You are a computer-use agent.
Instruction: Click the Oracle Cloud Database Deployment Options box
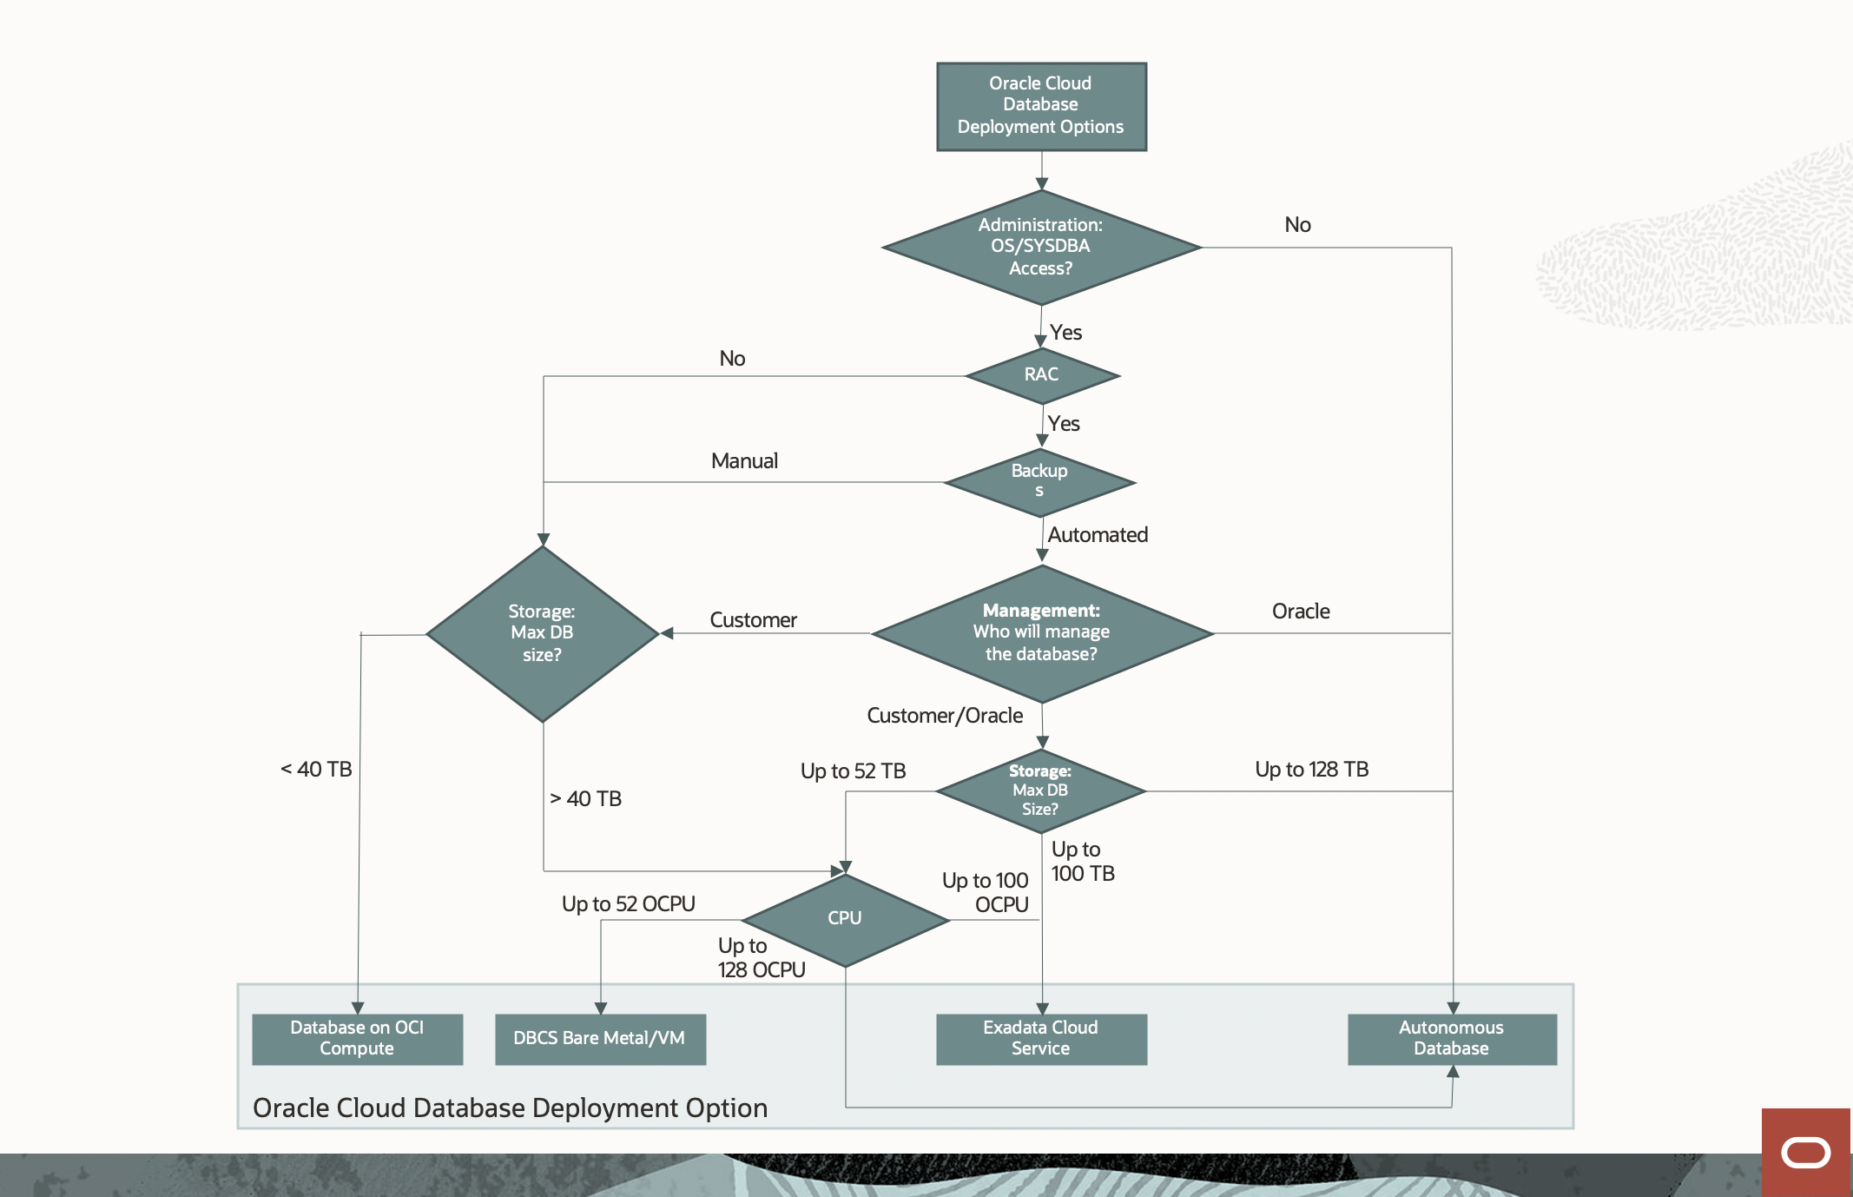[1041, 106]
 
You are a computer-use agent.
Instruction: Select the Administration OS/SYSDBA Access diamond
[1041, 248]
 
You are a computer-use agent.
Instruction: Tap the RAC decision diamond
[1041, 375]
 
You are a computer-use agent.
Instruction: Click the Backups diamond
[1039, 482]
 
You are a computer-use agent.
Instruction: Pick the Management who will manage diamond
[1041, 633]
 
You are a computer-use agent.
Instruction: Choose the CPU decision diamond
[845, 919]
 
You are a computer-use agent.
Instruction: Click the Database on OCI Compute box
[357, 1038]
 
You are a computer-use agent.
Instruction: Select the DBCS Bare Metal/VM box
[600, 1039]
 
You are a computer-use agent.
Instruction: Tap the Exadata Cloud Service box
[1041, 1038]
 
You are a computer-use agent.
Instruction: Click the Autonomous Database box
[1451, 1038]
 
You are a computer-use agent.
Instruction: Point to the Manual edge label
[744, 461]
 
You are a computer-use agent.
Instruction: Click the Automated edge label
[1098, 535]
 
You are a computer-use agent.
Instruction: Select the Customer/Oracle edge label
[945, 716]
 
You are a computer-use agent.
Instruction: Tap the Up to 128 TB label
[1311, 770]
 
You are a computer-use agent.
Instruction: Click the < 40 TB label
[316, 770]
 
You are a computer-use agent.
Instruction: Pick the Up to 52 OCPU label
[628, 904]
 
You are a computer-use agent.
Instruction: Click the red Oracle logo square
[1806, 1152]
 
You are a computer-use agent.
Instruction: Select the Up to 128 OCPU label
[761, 958]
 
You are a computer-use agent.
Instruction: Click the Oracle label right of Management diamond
[1300, 612]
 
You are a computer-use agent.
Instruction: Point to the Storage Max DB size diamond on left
[542, 634]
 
